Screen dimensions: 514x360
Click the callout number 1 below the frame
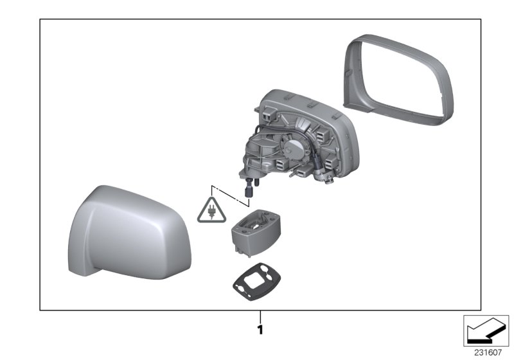(260, 330)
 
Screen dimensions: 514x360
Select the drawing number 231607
(488, 353)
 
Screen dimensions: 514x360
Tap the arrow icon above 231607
(486, 331)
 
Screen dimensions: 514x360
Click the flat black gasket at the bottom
(256, 282)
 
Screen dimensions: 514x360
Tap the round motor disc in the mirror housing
(294, 148)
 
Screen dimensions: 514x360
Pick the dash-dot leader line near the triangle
(230, 195)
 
